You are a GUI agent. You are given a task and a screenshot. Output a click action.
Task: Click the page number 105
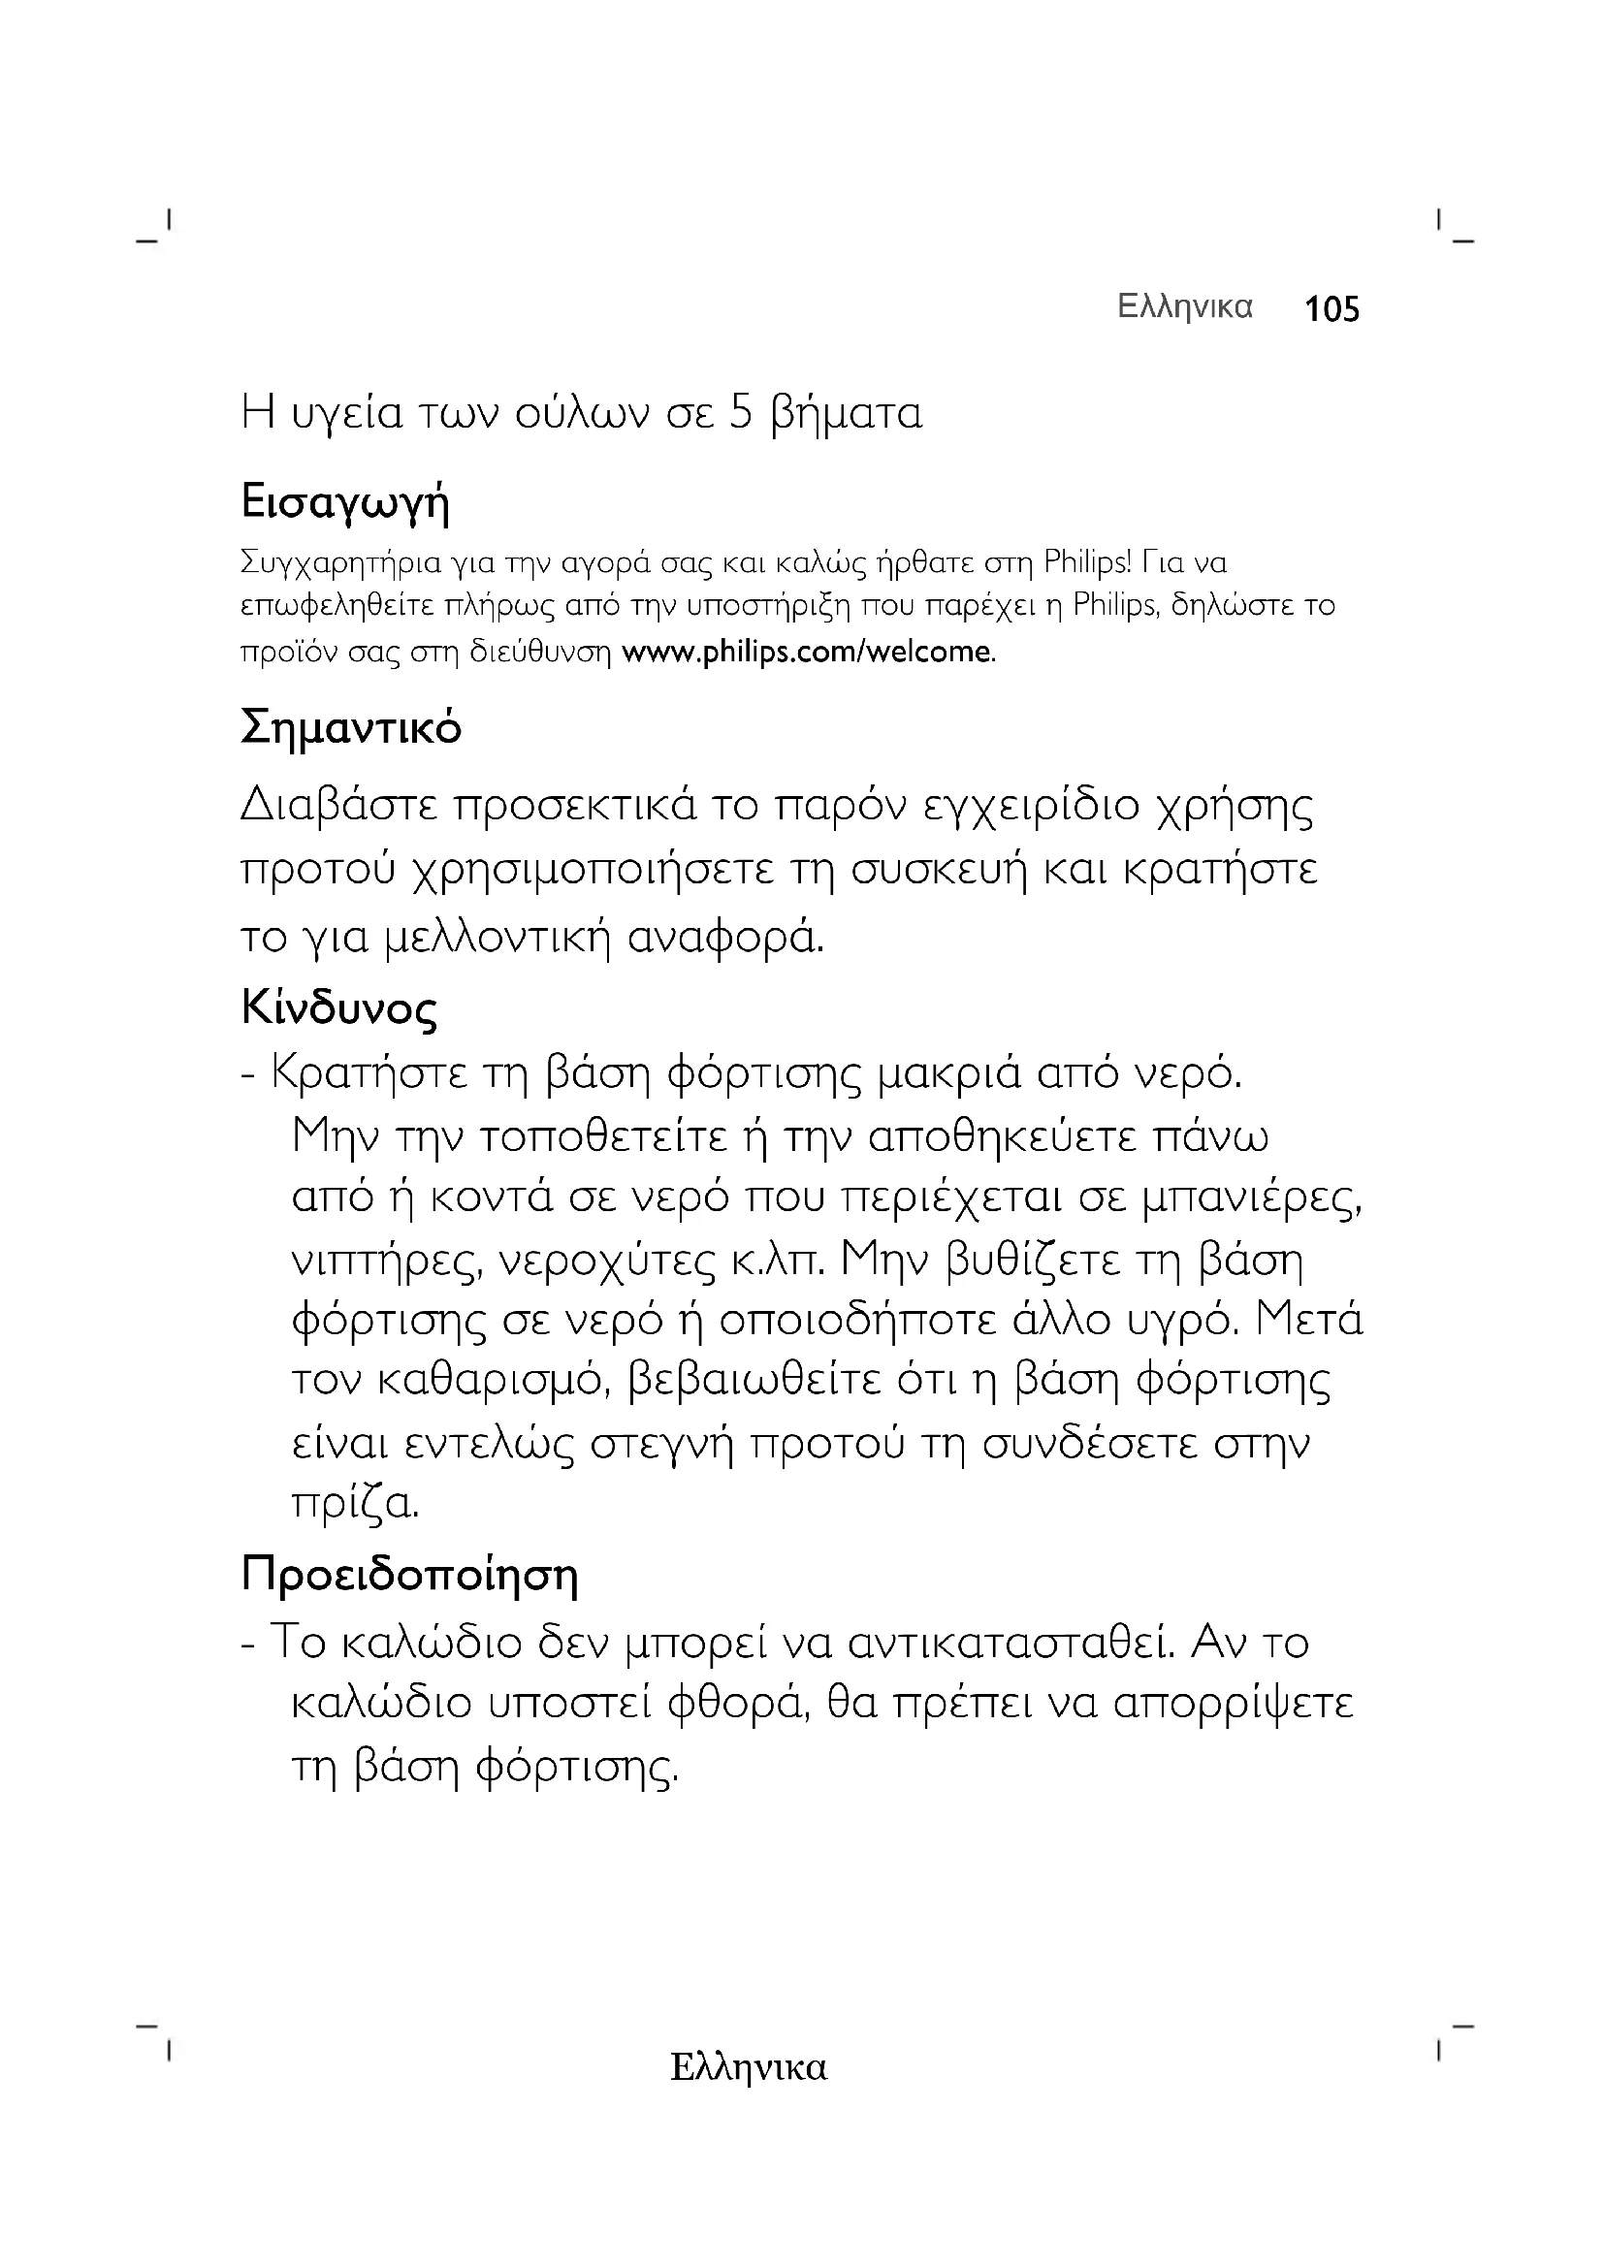(x=1331, y=310)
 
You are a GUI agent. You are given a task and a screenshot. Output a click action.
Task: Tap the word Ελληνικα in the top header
(x=1184, y=307)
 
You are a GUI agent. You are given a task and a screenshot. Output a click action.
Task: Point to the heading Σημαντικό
(x=351, y=729)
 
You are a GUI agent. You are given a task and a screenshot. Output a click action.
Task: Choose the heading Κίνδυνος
(x=338, y=1008)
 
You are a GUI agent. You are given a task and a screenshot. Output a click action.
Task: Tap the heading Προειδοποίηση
(x=410, y=1575)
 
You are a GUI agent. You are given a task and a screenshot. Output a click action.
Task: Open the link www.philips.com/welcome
(x=806, y=652)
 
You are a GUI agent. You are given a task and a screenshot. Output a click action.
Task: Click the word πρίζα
(x=356, y=1505)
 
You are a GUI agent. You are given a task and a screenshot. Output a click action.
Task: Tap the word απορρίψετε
(x=1233, y=1703)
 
